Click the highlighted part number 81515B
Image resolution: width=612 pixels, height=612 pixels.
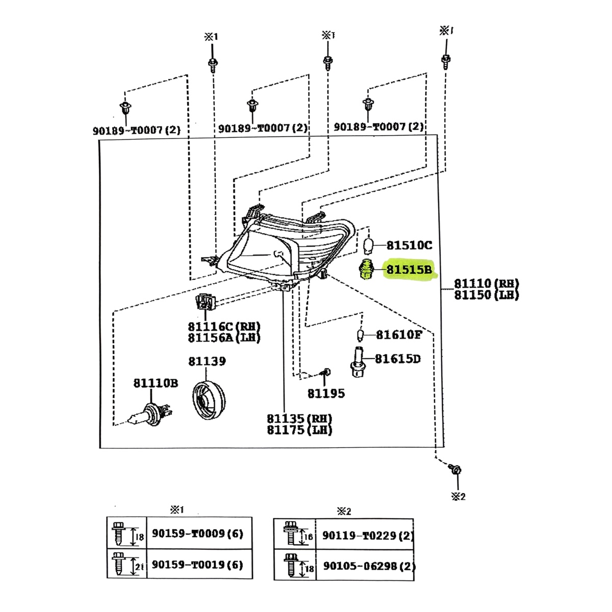[x=409, y=269]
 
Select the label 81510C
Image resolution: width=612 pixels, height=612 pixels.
[x=409, y=245]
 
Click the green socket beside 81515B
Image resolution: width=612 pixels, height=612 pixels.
[x=366, y=269]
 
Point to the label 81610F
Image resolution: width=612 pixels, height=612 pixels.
[x=399, y=335]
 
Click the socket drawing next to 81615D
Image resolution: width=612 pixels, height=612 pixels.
[x=359, y=361]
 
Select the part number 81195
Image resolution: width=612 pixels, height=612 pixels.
[x=326, y=393]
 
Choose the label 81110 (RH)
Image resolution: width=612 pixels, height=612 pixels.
[x=486, y=284]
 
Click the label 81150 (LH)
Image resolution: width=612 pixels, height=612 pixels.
[x=486, y=295]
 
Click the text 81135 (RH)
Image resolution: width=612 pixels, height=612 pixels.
[x=299, y=419]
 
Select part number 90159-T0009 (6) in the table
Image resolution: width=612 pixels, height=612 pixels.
[x=197, y=533]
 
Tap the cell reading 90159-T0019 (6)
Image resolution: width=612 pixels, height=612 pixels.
[x=197, y=565]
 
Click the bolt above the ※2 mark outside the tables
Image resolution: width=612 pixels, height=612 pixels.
[x=455, y=469]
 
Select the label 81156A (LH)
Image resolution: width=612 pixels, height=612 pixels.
[x=224, y=338]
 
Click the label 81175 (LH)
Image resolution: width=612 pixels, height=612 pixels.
[x=299, y=430]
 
